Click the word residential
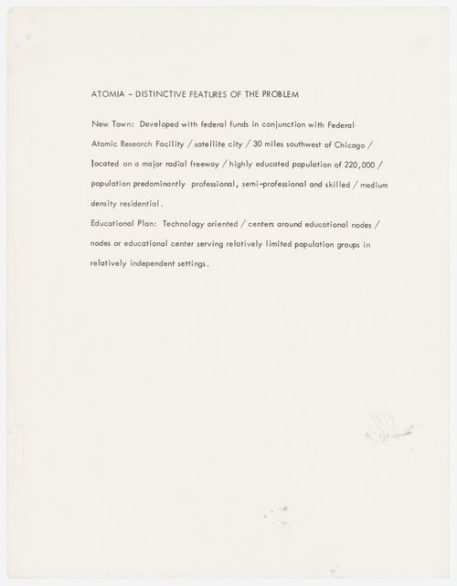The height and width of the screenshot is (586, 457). (141, 202)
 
